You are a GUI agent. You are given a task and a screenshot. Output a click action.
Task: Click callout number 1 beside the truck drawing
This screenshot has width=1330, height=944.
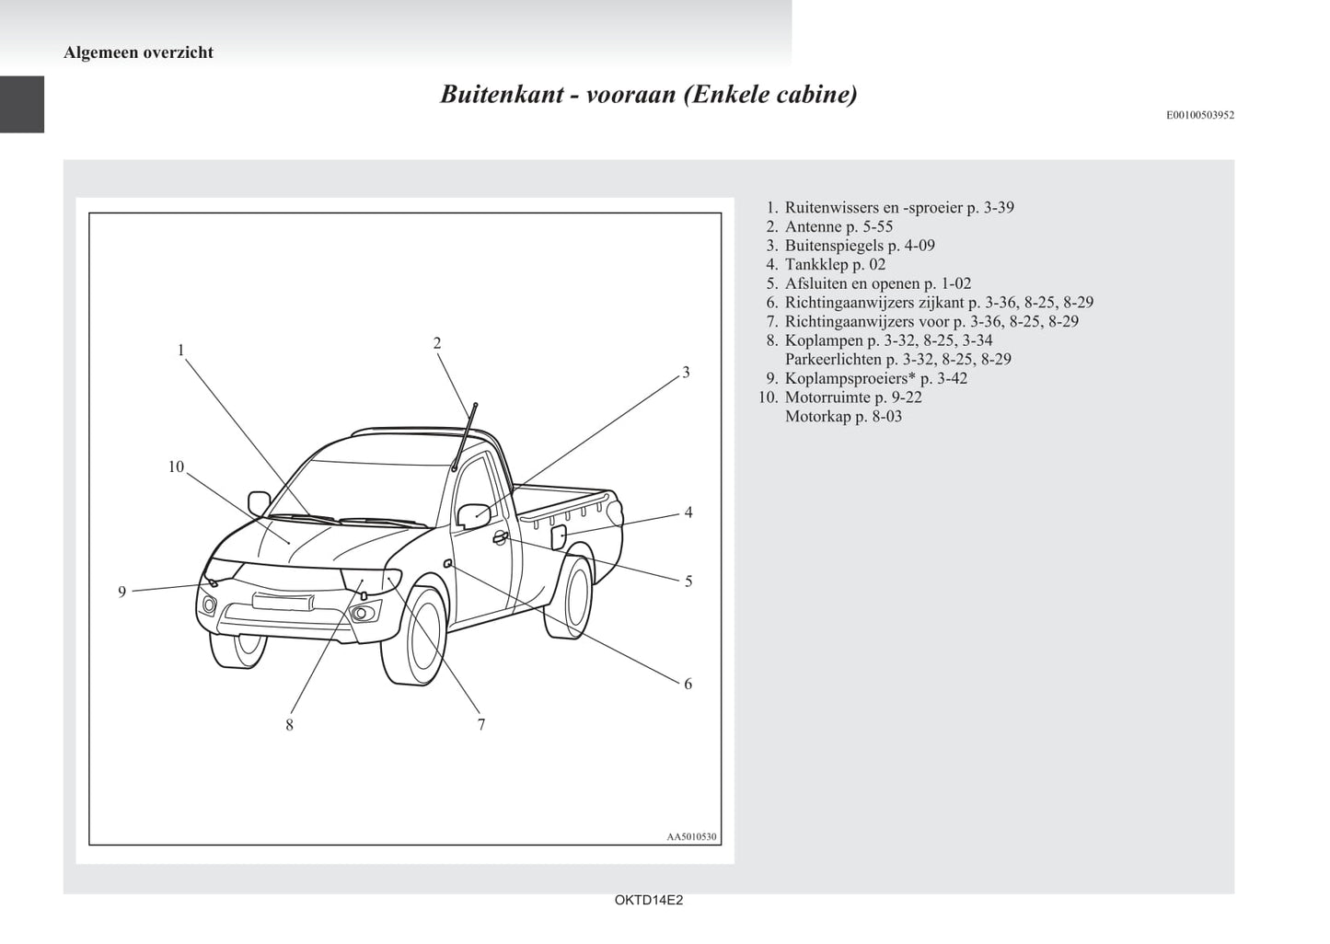[181, 350]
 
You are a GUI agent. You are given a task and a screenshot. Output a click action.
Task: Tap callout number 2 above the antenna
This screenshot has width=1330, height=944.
[437, 343]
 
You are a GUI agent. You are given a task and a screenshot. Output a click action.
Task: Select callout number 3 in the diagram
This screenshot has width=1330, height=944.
[686, 373]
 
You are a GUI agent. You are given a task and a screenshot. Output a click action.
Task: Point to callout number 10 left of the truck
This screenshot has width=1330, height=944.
[176, 467]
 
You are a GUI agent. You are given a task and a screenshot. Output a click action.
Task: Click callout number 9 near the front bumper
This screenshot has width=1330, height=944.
[121, 593]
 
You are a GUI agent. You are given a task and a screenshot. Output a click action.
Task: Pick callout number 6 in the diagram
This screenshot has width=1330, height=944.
[688, 684]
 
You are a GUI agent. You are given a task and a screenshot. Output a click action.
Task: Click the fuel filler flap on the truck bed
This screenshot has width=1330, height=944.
[559, 535]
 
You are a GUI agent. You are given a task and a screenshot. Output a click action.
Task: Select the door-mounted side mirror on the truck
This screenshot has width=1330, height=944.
[475, 515]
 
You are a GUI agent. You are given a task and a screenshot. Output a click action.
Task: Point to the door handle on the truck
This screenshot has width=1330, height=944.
[500, 538]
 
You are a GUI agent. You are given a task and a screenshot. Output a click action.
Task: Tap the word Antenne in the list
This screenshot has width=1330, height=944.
[814, 226]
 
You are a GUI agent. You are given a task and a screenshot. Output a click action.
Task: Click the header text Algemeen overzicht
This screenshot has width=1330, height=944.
[138, 52]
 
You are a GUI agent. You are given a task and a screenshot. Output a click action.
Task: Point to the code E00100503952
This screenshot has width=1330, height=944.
[1200, 115]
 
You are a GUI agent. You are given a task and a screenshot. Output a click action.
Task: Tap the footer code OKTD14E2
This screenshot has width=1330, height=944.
[649, 901]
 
